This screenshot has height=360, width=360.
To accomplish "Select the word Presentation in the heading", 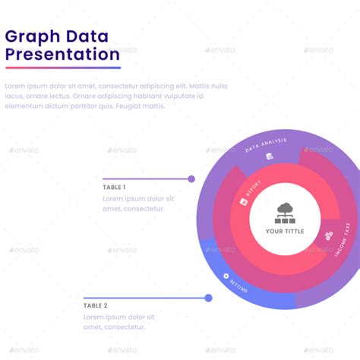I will click(62, 54).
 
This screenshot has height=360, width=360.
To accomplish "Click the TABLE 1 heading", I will click(114, 187).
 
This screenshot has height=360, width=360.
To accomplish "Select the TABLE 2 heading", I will click(96, 305).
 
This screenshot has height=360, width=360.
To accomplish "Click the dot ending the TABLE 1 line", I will click(191, 179).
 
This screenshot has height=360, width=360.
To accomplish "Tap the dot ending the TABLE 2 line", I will click(208, 298).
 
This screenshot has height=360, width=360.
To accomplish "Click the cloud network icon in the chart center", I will click(286, 210).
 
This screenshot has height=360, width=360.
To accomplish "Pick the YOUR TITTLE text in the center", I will click(286, 232).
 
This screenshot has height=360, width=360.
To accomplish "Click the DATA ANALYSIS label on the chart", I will click(266, 144).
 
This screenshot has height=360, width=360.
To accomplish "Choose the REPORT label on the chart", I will click(253, 189).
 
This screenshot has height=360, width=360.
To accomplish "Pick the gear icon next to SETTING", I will click(226, 276).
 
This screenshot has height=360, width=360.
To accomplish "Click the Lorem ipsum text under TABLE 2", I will click(119, 321).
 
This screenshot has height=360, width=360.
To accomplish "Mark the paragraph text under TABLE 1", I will click(138, 204).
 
